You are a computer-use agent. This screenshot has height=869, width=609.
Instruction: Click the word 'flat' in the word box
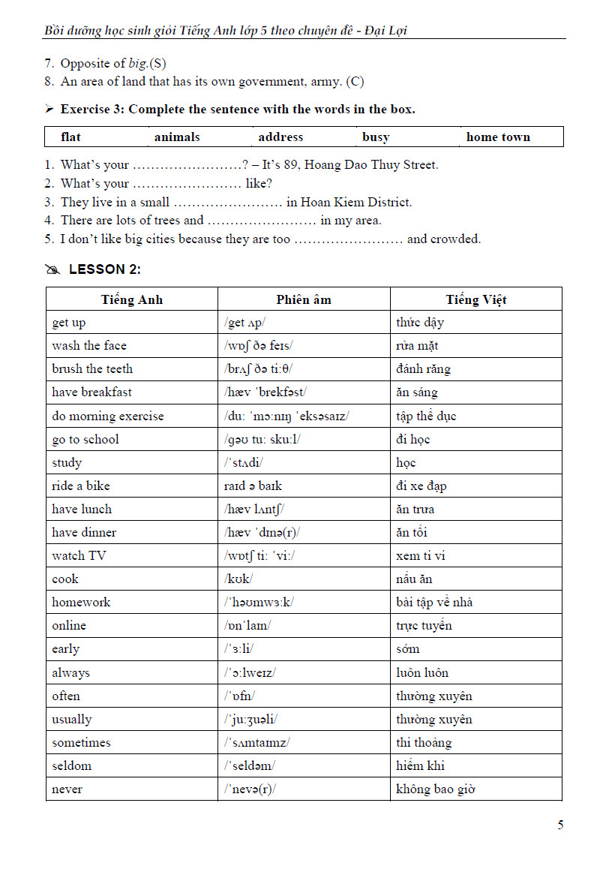(x=70, y=137)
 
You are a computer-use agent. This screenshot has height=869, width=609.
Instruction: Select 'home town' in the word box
(x=498, y=137)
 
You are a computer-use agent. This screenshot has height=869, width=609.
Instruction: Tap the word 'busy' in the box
(x=376, y=137)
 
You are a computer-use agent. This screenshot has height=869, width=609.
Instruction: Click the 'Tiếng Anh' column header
(x=132, y=299)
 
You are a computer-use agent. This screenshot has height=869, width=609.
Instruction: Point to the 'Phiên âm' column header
(x=304, y=299)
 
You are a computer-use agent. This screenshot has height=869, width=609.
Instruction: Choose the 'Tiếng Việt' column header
(x=476, y=299)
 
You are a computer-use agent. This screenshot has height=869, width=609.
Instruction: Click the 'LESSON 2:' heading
(x=104, y=269)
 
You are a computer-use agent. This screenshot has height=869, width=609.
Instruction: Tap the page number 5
(x=560, y=825)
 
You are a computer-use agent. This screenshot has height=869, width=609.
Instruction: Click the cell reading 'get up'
(x=69, y=323)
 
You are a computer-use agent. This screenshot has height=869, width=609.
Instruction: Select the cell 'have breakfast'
(x=91, y=392)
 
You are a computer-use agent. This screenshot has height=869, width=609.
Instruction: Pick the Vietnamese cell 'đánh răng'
(x=424, y=369)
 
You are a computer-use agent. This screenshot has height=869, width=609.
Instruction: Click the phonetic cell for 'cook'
(x=238, y=579)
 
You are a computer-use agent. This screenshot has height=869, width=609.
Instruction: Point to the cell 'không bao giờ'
(x=436, y=789)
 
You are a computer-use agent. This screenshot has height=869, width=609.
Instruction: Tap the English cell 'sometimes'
(x=81, y=743)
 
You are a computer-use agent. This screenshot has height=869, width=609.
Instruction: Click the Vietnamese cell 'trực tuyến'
(x=424, y=626)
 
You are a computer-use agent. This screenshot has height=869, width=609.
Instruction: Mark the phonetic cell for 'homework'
(x=259, y=603)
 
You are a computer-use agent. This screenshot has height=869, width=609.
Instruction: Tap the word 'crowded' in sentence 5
(x=455, y=239)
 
